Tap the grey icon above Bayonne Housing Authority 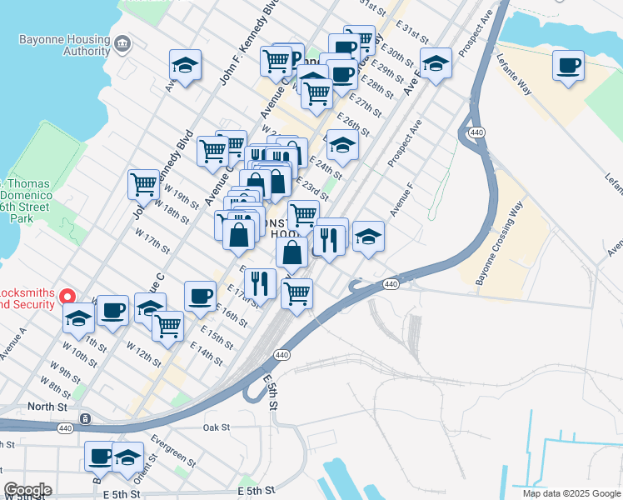click(122, 42)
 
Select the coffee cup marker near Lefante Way click(569, 66)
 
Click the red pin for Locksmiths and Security click(69, 296)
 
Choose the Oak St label click(216, 427)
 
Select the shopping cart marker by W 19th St click(143, 184)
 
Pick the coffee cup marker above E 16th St click(200, 296)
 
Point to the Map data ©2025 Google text click(571, 493)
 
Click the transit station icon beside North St click(84, 417)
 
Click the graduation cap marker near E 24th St click(341, 145)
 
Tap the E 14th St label click(206, 354)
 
